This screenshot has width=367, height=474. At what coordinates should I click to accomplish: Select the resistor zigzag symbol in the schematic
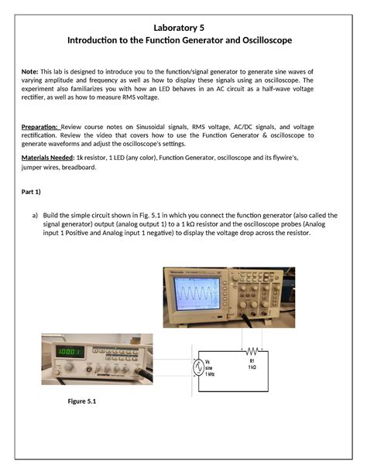(252, 349)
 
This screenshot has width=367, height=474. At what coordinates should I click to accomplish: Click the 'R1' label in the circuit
(252, 360)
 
